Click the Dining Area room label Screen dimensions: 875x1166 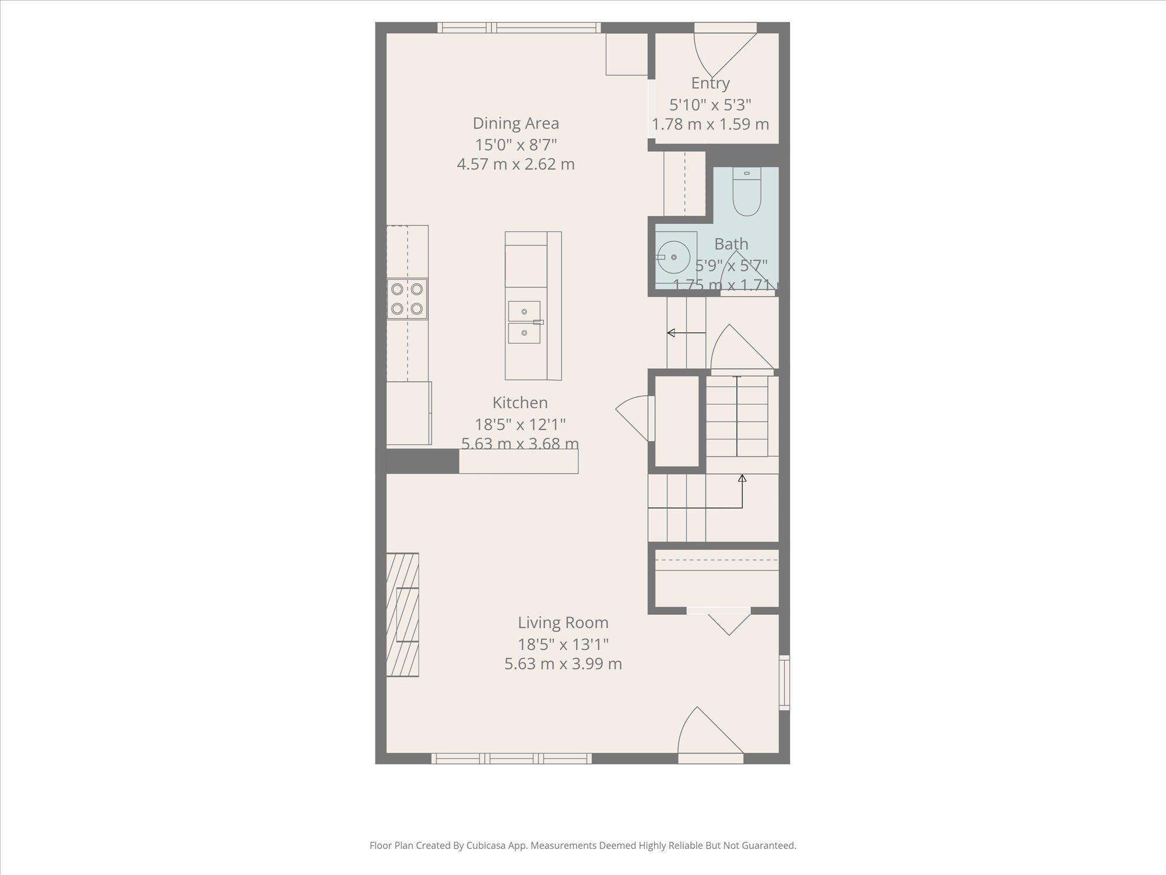coord(515,123)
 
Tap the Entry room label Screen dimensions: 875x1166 coord(710,83)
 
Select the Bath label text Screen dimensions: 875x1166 coord(731,244)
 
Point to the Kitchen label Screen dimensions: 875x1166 coord(520,402)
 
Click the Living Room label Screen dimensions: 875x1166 coord(563,622)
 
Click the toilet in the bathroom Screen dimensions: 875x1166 coord(746,194)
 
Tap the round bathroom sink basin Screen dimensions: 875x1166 coord(675,257)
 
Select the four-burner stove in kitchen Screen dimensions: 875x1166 coord(407,299)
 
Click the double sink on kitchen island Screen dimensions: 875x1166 coord(524,322)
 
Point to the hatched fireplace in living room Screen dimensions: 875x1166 coord(403,614)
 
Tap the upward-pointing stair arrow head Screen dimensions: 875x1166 coord(742,478)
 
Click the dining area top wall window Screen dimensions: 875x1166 coord(519,27)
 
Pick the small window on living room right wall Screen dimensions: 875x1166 coord(785,682)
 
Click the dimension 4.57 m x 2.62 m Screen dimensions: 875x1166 coord(515,164)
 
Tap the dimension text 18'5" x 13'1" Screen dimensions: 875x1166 coord(563,644)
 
